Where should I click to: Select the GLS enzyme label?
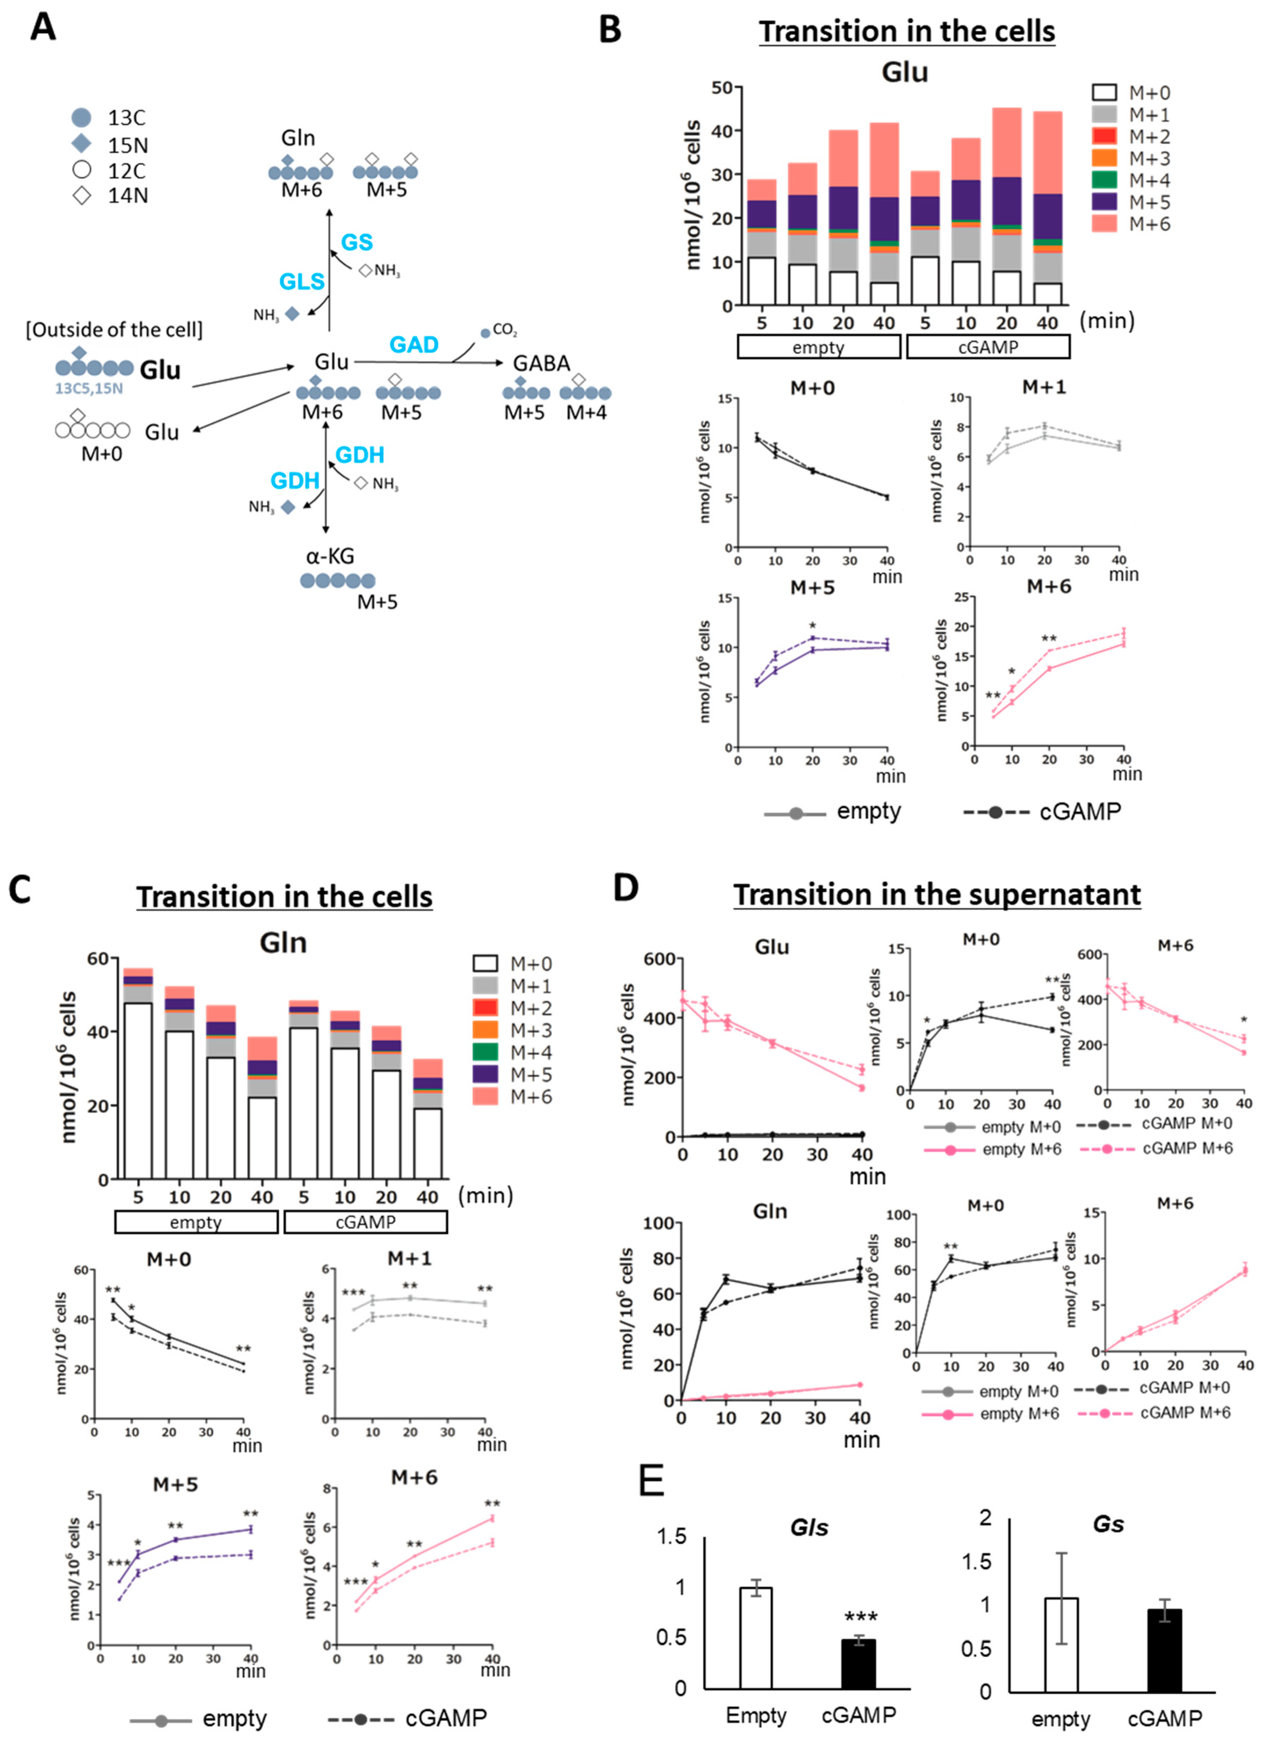pyautogui.click(x=302, y=282)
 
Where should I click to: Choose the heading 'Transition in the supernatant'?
pyautogui.click(x=936, y=895)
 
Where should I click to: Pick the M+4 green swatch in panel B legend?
pyautogui.click(x=1104, y=180)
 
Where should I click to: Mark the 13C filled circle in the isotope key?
pyautogui.click(x=81, y=117)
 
